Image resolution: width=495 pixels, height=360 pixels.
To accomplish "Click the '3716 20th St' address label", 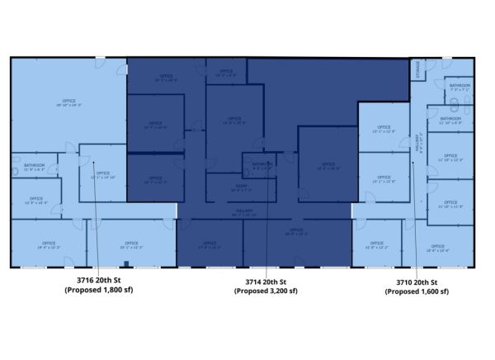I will pyautogui.click(x=98, y=281).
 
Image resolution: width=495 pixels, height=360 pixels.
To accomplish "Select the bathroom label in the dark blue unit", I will pyautogui.click(x=262, y=165).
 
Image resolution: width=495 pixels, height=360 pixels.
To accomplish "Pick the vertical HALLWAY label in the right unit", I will pyautogui.click(x=419, y=144).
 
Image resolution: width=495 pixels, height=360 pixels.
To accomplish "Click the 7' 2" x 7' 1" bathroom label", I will pyautogui.click(x=460, y=87).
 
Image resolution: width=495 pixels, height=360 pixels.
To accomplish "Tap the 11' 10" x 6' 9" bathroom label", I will pyautogui.click(x=450, y=121).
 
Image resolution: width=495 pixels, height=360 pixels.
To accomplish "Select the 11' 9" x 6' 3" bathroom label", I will pyautogui.click(x=34, y=168).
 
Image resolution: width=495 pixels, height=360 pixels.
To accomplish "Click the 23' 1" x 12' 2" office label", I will pyautogui.click(x=131, y=245).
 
